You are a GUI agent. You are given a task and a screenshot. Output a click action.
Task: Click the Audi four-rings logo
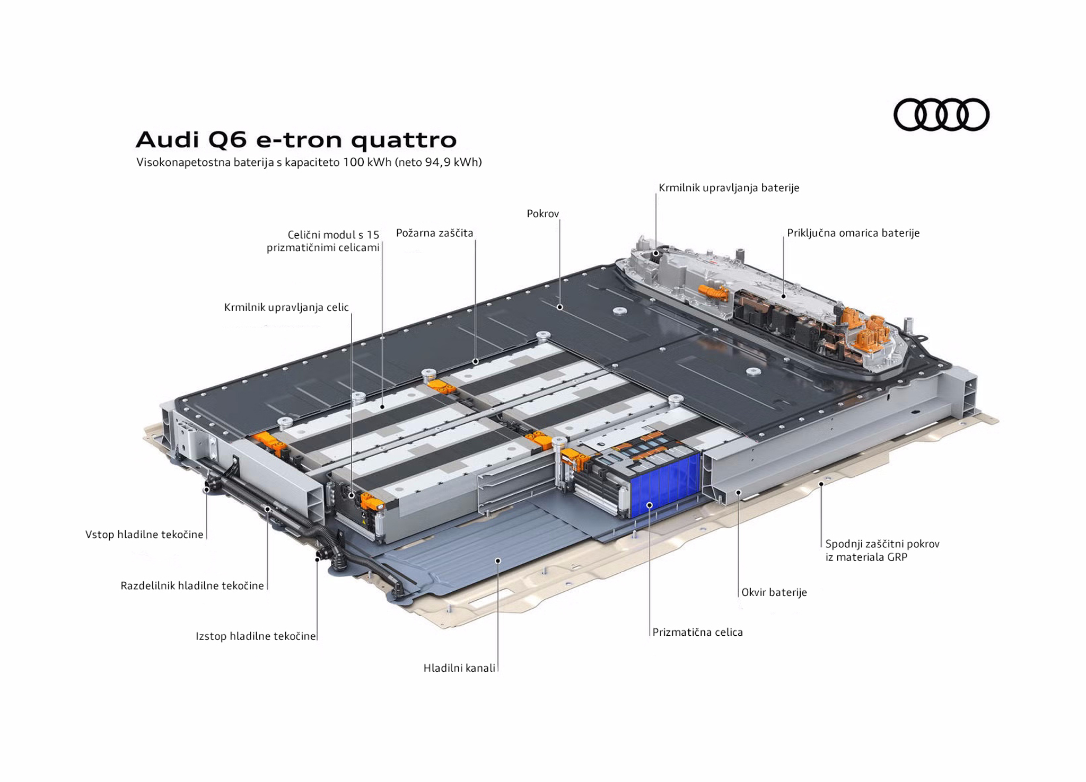pyautogui.click(x=941, y=114)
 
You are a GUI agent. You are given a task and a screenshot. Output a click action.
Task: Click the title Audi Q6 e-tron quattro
pyautogui.click(x=296, y=140)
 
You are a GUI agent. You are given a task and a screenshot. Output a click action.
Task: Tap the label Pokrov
pyautogui.click(x=542, y=214)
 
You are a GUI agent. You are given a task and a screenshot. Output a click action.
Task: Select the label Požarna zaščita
pyautogui.click(x=434, y=233)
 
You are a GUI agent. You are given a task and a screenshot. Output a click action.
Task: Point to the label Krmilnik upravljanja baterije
pyautogui.click(x=729, y=188)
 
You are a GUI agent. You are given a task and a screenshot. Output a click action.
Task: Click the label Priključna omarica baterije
pyautogui.click(x=853, y=233)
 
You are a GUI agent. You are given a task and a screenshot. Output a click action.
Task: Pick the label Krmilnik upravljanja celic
pyautogui.click(x=286, y=307)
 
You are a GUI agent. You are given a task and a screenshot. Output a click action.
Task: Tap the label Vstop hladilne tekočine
pyautogui.click(x=144, y=535)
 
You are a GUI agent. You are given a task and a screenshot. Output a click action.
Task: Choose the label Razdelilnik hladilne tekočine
pyautogui.click(x=192, y=585)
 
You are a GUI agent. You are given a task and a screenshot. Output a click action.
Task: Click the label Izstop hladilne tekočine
pyautogui.click(x=256, y=636)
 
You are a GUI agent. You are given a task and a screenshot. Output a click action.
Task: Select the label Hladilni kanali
pyautogui.click(x=459, y=668)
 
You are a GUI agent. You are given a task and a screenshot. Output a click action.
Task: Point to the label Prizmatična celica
pyautogui.click(x=697, y=632)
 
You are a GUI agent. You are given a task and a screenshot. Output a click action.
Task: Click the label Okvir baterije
pyautogui.click(x=774, y=592)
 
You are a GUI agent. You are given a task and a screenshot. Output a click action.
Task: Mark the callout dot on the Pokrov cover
pyautogui.click(x=559, y=307)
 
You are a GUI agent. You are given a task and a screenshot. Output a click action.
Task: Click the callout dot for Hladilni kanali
pyautogui.click(x=498, y=560)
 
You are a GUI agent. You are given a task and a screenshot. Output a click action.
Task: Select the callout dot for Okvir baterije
pyautogui.click(x=738, y=492)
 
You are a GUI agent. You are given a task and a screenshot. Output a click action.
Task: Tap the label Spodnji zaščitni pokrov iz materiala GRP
pyautogui.click(x=882, y=550)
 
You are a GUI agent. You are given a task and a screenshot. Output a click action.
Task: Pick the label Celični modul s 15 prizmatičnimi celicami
pyautogui.click(x=323, y=241)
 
